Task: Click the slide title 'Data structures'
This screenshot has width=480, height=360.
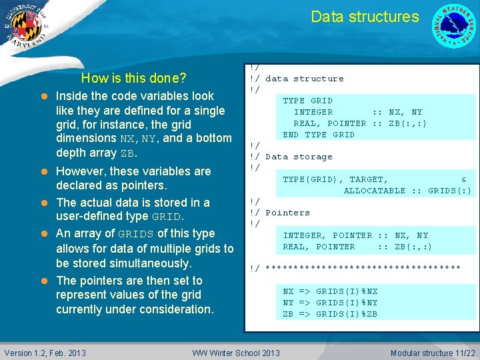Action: (x=365, y=17)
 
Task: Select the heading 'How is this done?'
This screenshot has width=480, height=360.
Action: (x=133, y=78)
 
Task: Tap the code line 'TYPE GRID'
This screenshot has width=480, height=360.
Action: (x=307, y=101)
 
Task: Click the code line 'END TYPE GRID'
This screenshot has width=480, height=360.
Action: (x=319, y=135)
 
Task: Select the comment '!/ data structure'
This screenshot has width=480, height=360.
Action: (x=297, y=79)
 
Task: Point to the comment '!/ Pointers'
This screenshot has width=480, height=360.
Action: (x=279, y=213)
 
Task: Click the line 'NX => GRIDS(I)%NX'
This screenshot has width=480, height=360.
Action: (x=330, y=291)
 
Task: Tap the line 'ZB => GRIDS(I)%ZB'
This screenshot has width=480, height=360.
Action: (x=330, y=314)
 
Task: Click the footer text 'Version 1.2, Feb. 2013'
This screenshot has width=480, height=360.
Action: (x=45, y=353)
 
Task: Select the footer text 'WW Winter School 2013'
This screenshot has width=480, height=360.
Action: (x=236, y=353)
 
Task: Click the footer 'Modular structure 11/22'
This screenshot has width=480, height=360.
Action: (x=433, y=353)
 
